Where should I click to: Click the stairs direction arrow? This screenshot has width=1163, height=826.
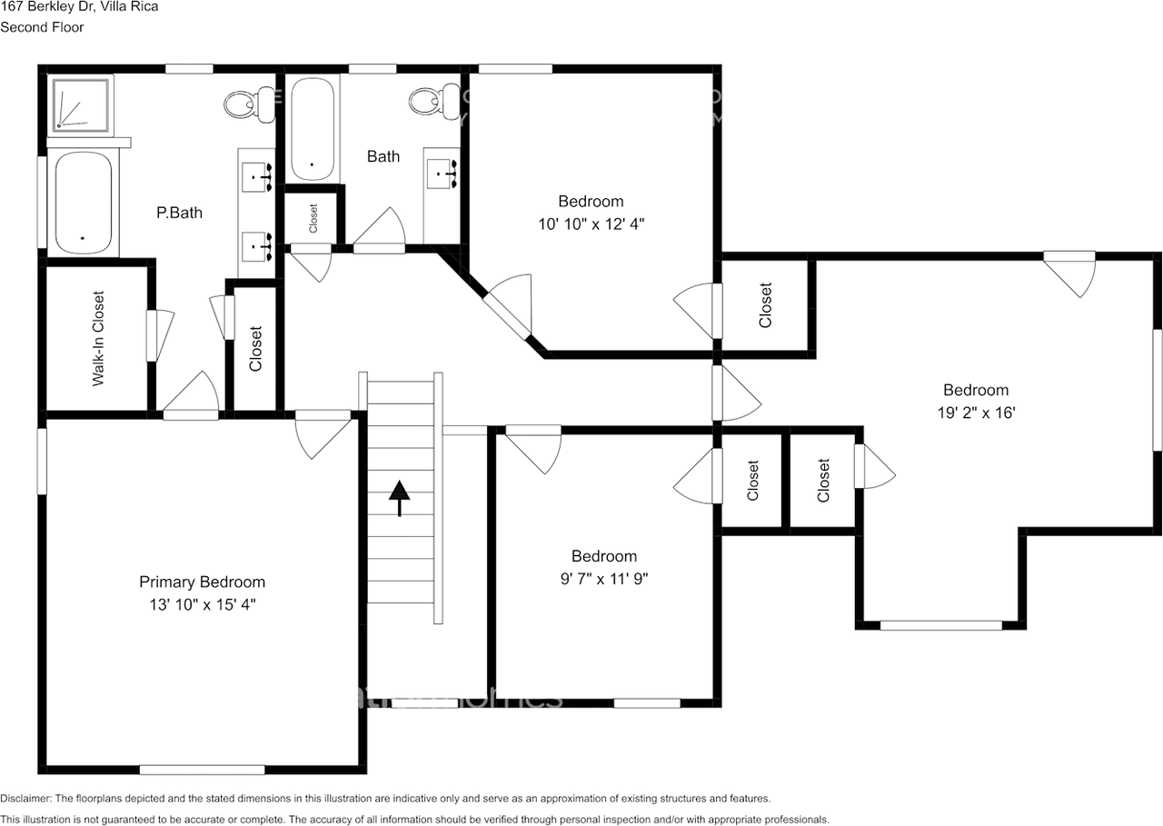pos(399,498)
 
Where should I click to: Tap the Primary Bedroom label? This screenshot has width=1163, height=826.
pos(202,582)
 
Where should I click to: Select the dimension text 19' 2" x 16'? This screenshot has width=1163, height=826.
pos(977,412)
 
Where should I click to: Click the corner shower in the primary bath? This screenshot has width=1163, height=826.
pos(81,102)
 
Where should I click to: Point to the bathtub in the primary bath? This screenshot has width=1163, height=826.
pos(83,204)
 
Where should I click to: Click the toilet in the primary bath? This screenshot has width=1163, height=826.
pos(246,103)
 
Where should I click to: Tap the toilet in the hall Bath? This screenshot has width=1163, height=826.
pos(432,101)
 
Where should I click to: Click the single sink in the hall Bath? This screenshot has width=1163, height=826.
pos(443,170)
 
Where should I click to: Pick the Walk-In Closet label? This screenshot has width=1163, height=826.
pos(98,339)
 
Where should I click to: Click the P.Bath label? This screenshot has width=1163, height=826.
pos(179,213)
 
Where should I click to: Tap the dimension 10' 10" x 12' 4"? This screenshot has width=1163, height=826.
pos(591,223)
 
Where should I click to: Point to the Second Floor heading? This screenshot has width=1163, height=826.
pos(42,27)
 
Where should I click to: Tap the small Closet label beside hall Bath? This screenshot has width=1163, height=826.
pos(313,218)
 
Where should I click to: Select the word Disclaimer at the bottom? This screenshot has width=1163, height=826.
pos(26,798)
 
